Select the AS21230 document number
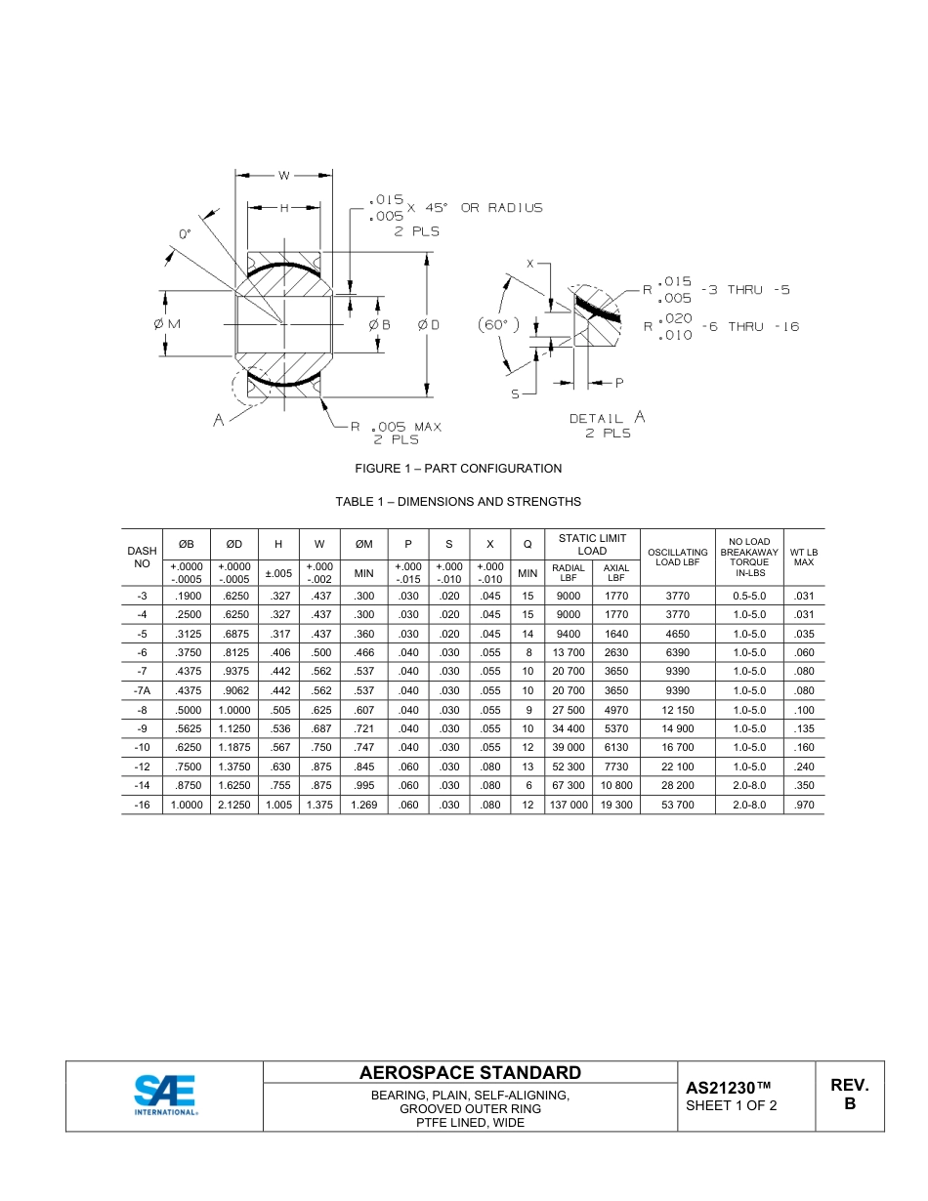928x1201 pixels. coord(729,1088)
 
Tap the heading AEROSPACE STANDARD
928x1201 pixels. coord(470,1072)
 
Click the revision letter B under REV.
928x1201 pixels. coord(849,1104)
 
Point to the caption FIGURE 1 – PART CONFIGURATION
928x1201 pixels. coord(458,469)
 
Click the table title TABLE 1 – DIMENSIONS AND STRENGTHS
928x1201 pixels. coord(458,502)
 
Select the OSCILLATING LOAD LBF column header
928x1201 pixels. coord(677,558)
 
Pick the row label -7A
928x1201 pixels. coord(142,690)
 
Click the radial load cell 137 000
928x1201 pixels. coord(569,805)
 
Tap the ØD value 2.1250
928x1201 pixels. coord(234,805)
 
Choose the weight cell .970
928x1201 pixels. coord(803,805)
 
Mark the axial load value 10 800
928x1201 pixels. coord(615,785)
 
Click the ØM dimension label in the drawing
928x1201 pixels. coord(167,324)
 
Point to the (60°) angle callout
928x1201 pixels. coord(499,324)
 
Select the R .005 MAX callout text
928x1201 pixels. coord(396,427)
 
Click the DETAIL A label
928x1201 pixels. coord(607,418)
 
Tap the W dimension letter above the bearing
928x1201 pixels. coord(283,176)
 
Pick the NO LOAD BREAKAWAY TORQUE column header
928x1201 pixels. coord(749,558)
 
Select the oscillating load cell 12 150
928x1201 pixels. coord(677,710)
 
